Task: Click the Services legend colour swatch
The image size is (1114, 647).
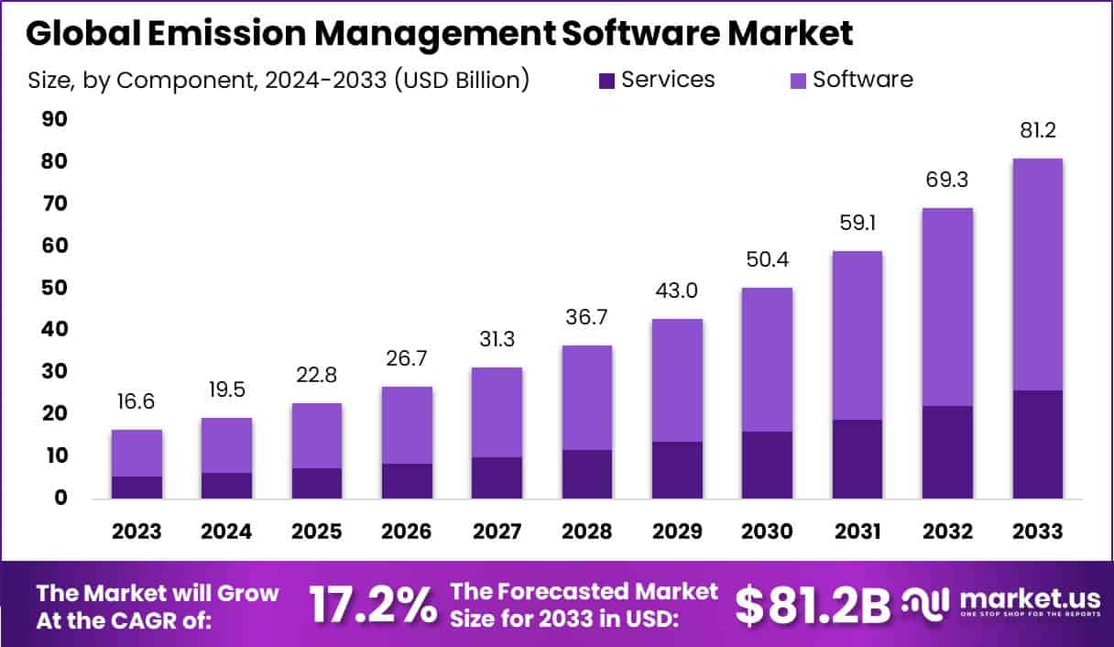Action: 606,81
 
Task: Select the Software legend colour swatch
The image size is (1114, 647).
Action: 797,81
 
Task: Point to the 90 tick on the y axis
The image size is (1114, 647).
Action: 54,119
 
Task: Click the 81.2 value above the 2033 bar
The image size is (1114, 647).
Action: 1037,131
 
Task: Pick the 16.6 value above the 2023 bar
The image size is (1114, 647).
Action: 137,402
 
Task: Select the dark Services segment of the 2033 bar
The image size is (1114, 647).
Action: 1037,444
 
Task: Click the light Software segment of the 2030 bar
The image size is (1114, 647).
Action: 767,359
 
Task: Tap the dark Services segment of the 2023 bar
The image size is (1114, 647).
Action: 137,488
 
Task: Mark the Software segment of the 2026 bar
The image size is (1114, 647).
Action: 407,425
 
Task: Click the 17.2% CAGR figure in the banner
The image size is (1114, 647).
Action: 372,605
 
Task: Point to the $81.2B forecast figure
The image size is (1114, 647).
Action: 813,605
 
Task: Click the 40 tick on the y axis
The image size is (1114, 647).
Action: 54,330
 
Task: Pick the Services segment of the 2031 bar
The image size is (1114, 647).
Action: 857,459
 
